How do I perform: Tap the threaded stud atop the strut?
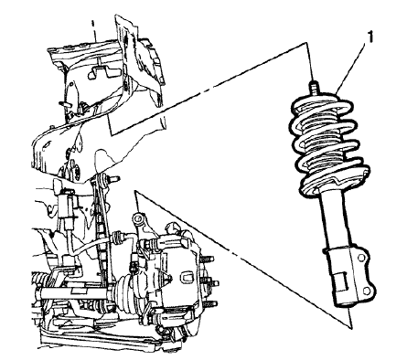(315, 88)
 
